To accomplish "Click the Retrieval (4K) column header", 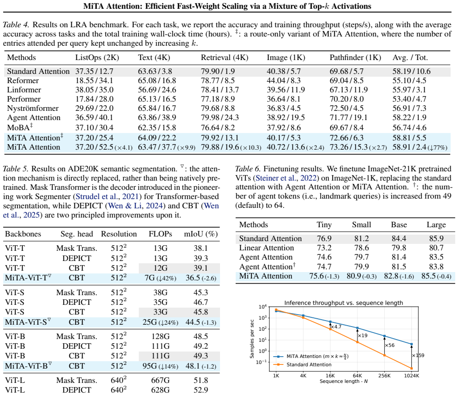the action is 224,58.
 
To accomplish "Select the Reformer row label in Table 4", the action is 23,80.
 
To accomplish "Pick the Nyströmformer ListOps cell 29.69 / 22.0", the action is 95,108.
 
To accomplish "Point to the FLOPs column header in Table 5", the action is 161,234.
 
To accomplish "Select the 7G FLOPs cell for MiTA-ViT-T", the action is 161,278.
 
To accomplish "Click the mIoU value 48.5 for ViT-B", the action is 201,336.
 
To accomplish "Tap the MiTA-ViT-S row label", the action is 28,322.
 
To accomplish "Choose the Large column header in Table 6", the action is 436,224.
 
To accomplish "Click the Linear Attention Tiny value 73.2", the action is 324,248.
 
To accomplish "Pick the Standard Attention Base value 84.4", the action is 399,238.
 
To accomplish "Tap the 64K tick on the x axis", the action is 357,376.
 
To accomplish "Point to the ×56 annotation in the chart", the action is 390,345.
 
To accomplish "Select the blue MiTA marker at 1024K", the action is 411,344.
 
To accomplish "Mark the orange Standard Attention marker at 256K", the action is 384,355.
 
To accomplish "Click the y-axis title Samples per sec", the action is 252,339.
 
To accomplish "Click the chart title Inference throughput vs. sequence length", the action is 344,303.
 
